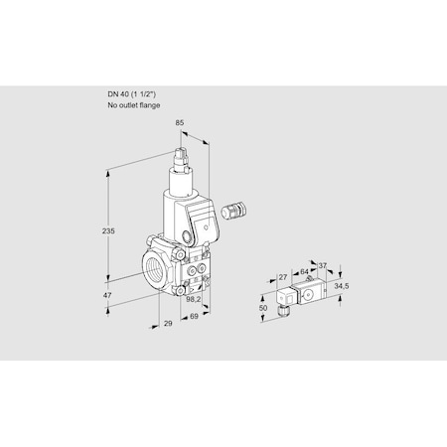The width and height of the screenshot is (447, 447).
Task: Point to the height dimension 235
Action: [110, 230]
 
